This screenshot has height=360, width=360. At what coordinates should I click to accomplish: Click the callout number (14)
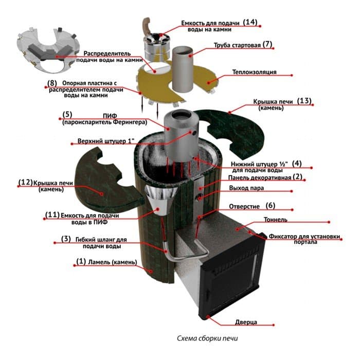click(x=250, y=22)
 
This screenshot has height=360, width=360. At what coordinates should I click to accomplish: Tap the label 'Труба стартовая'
click(x=237, y=45)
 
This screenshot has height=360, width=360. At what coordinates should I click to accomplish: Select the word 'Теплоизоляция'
click(x=255, y=72)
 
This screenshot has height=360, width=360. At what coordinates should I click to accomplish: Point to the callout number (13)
click(x=304, y=101)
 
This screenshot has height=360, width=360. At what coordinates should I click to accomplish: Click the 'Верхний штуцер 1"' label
click(x=106, y=141)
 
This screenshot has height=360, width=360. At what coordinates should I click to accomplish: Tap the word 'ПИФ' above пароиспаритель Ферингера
click(x=110, y=116)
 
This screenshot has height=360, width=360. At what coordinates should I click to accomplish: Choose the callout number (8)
click(x=52, y=83)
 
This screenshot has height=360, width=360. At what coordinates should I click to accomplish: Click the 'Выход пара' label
click(x=246, y=188)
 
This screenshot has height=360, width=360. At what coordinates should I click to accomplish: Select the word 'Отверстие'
click(x=244, y=207)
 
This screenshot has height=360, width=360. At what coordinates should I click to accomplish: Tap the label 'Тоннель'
click(x=276, y=220)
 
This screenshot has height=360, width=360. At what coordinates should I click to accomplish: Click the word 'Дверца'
click(x=246, y=322)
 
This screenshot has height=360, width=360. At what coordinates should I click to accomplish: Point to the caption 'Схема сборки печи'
click(x=207, y=338)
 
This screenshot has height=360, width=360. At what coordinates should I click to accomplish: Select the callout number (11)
click(x=52, y=214)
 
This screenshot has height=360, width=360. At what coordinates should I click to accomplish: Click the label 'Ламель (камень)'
click(x=113, y=262)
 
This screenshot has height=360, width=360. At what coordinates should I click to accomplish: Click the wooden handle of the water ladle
click(x=146, y=26)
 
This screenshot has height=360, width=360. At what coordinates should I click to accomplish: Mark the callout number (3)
click(x=66, y=239)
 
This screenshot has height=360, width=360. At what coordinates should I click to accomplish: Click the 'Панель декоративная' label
click(x=260, y=178)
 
